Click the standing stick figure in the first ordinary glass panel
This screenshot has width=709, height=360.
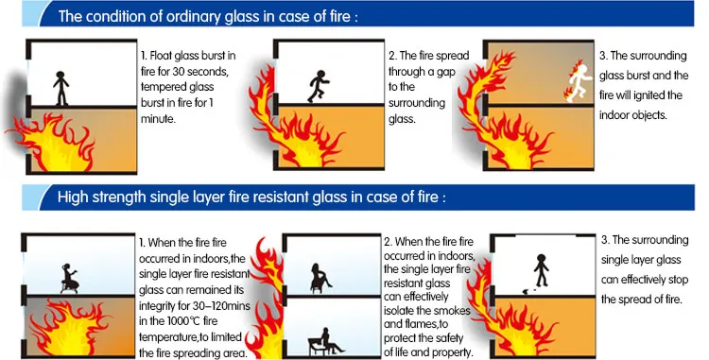61,88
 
